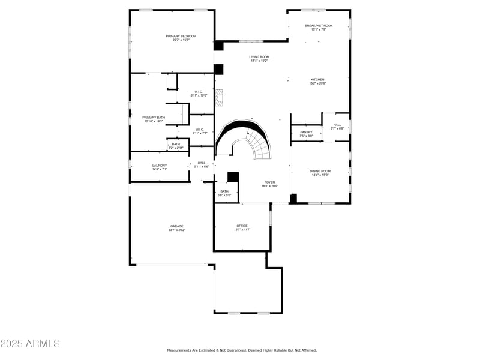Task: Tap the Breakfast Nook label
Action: pos(318,26)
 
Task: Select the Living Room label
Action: pos(259,57)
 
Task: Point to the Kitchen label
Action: pos(317,80)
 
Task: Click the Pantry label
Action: pos(306,132)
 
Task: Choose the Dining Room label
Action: pos(320,171)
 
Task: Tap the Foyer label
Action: pos(270,182)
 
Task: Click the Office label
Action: pos(242,226)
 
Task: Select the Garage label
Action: pos(176,226)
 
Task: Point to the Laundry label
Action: pos(160,166)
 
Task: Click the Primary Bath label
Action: pos(154,118)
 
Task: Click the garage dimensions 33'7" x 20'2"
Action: pos(176,230)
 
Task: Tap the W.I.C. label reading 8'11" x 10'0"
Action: pos(199,92)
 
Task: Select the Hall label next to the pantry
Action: pos(337,125)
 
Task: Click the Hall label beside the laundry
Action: pos(202,163)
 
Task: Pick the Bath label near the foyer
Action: pos(224,191)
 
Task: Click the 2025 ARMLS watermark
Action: pos(30,344)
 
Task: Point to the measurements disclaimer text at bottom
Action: pos(241,350)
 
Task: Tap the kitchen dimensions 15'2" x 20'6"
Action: pos(317,83)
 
